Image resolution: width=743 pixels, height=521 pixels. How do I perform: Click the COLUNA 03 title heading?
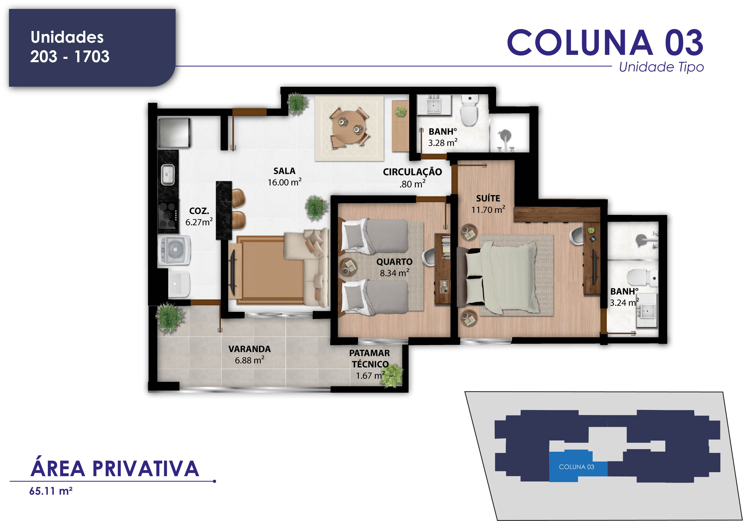coord(605,42)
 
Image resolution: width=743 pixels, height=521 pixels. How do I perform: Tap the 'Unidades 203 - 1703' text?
coord(70,47)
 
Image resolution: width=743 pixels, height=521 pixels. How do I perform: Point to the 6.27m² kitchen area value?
coord(199,222)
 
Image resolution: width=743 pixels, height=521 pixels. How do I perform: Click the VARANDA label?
coord(249,349)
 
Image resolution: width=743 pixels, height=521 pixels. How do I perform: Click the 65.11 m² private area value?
coord(51,491)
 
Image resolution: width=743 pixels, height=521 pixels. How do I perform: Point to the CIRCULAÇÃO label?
coord(412,172)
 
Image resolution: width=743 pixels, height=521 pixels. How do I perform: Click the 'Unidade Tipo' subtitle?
coord(661,67)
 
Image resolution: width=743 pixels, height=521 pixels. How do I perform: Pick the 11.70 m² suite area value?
coord(488,209)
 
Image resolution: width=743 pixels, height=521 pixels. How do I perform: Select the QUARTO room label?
coord(394,262)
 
